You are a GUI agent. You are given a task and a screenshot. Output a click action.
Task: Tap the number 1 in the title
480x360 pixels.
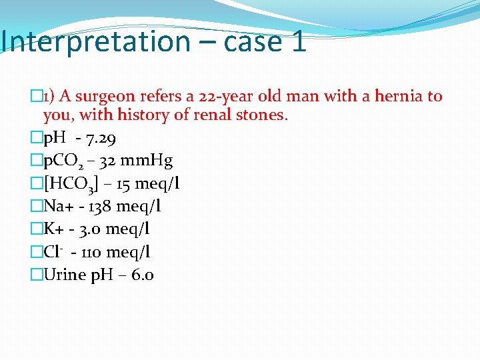tap(298, 41)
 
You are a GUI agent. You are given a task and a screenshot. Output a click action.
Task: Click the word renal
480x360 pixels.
tap(213, 115)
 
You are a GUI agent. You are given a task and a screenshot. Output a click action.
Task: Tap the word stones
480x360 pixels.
tap(263, 115)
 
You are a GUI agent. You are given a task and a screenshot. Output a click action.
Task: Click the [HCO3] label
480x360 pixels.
tap(70, 185)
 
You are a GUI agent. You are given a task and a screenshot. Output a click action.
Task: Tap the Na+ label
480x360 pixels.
tap(58, 207)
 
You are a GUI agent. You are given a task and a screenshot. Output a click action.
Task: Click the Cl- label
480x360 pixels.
tap(54, 252)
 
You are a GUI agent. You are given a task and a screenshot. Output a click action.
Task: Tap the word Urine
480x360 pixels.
tap(64, 275)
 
